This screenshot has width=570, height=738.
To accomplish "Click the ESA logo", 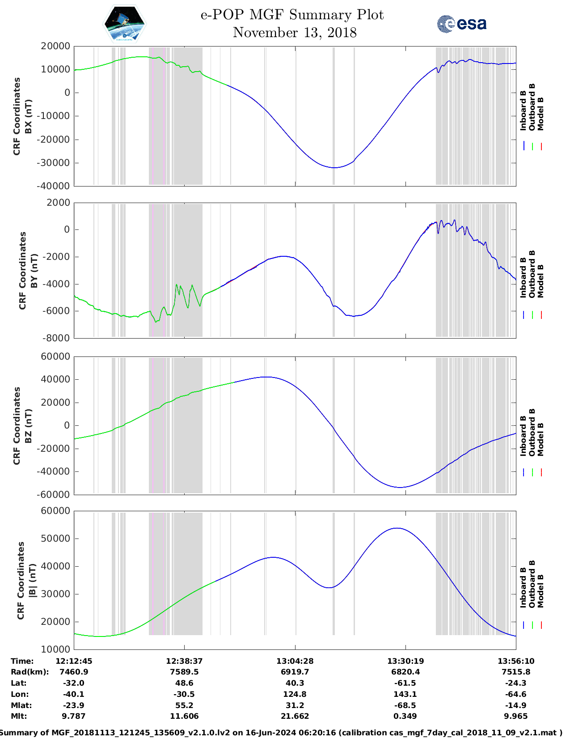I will (462, 24).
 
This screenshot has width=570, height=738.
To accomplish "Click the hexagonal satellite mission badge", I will (124, 24).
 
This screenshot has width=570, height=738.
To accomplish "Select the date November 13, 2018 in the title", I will (295, 33).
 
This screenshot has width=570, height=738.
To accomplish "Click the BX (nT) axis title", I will (29, 116).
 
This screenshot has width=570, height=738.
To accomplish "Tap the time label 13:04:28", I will (295, 661).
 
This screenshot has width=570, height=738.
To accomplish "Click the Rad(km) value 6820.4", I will (405, 672).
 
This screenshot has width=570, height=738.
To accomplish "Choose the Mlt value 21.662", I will (295, 716).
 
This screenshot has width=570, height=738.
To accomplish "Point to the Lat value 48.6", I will (184, 683).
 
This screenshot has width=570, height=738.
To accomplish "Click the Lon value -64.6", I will (516, 694).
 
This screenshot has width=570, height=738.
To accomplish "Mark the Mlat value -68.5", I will (405, 705).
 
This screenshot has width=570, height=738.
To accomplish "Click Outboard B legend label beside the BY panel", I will (532, 274).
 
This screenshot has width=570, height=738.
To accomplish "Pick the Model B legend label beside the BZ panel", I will (540, 439).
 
